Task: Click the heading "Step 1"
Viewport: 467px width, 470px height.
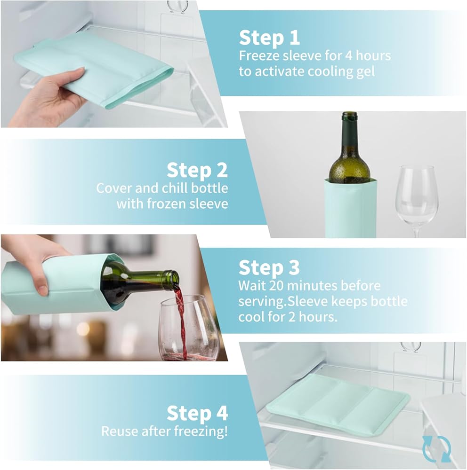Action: point(269,38)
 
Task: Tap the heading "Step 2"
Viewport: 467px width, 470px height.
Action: point(197,170)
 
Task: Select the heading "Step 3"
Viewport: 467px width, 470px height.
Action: point(269,267)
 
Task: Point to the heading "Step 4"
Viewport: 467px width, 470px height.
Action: point(197,413)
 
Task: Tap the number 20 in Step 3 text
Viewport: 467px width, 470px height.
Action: point(276,286)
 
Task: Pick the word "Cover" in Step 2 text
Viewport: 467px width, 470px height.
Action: point(114,188)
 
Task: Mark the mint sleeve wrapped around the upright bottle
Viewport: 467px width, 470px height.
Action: point(350,208)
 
